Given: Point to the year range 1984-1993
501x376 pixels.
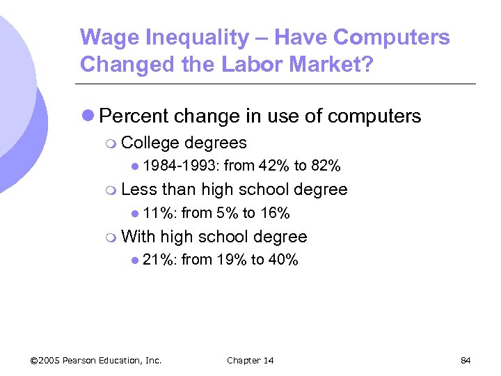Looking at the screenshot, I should (x=181, y=166).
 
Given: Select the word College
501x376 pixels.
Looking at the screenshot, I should (x=149, y=143).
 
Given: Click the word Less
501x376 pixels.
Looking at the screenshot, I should (x=138, y=189).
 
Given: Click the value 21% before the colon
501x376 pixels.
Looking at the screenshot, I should (x=159, y=260).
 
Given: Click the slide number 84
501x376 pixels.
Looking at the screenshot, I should (x=466, y=360).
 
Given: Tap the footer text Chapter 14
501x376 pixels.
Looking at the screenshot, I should (x=250, y=360).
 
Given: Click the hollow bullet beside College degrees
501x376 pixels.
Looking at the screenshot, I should (x=113, y=143).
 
